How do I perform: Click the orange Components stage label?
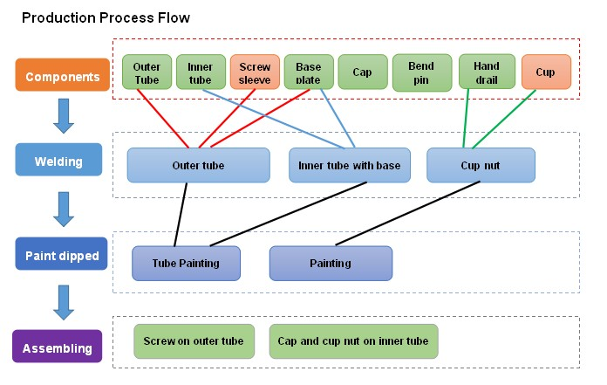(x=61, y=76)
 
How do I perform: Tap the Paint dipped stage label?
(x=61, y=254)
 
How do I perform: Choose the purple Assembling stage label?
(x=58, y=348)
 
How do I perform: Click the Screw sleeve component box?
(x=255, y=72)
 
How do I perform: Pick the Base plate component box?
(x=309, y=72)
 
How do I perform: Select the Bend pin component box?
(x=422, y=72)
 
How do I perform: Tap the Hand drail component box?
(x=487, y=72)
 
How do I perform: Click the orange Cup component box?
(x=545, y=72)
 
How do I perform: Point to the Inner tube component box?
(x=201, y=72)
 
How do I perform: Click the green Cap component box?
(x=363, y=72)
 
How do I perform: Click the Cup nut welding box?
(x=480, y=166)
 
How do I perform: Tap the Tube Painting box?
(x=186, y=263)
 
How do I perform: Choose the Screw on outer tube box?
(x=194, y=341)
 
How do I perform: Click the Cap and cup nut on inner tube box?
(x=353, y=341)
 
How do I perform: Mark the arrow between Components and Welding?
(x=62, y=116)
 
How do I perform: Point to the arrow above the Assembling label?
(x=62, y=301)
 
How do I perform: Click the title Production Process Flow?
(x=106, y=17)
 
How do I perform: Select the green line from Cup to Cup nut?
(x=501, y=119)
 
